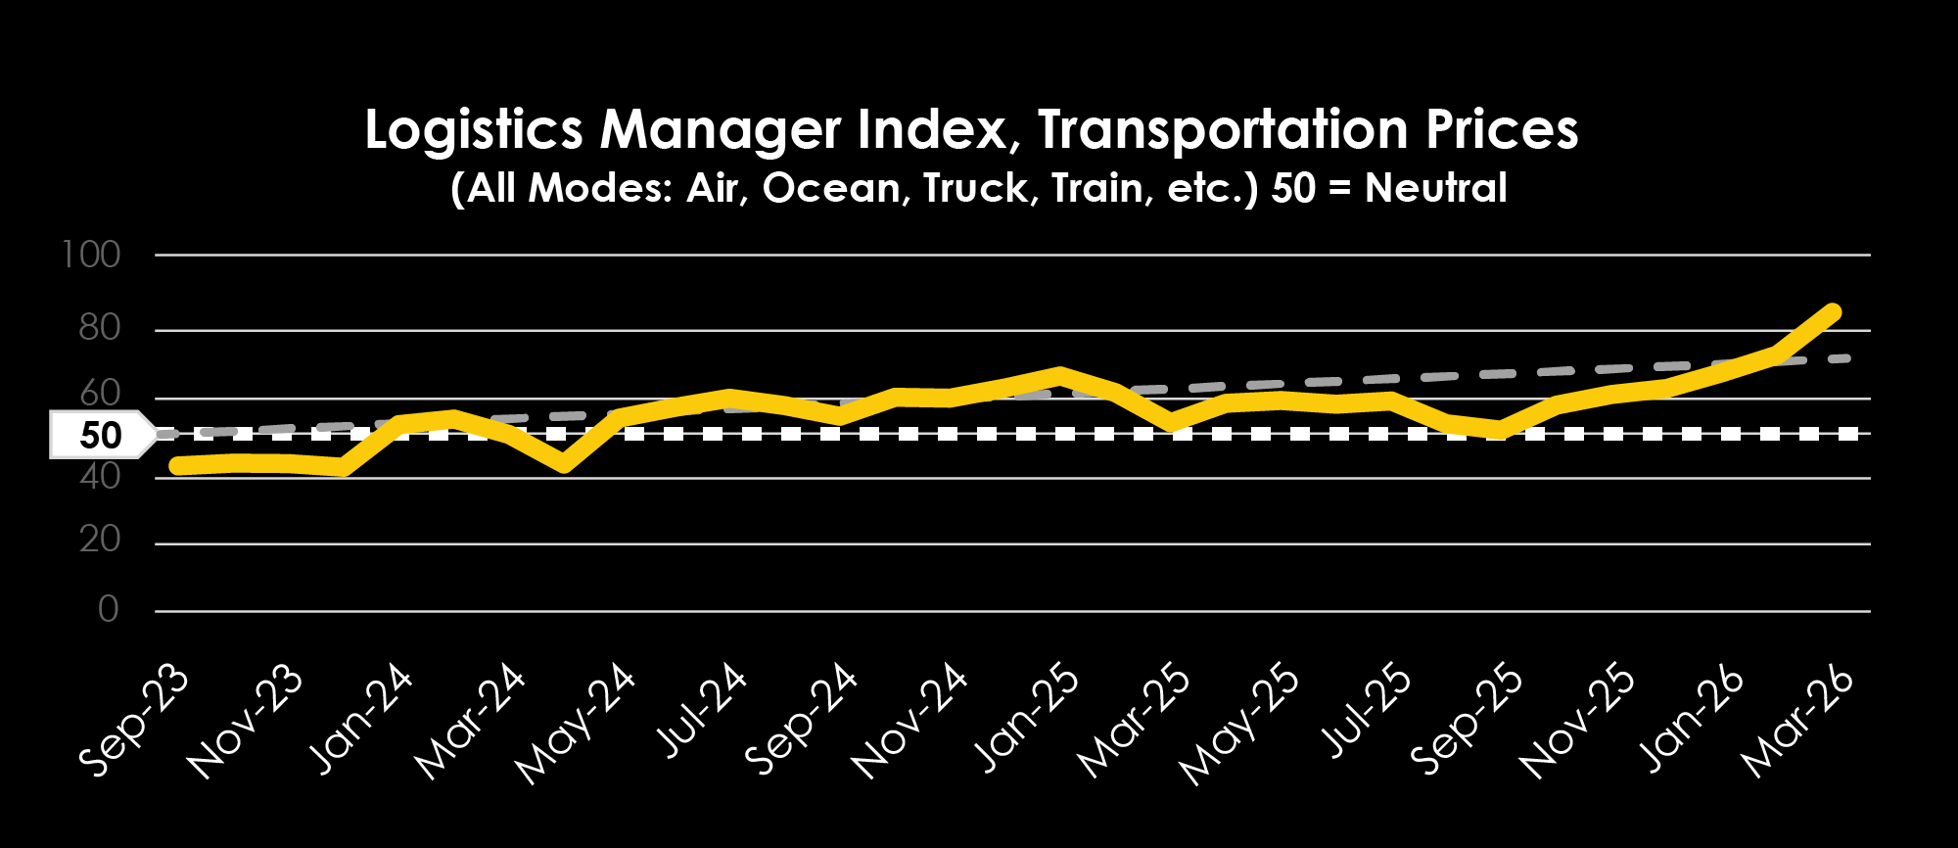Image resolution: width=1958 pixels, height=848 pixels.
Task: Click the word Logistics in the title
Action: pyautogui.click(x=474, y=130)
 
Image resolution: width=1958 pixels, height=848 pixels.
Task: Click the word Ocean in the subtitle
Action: pyautogui.click(x=831, y=188)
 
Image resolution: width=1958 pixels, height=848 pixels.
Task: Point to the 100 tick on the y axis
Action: pyautogui.click(x=91, y=256)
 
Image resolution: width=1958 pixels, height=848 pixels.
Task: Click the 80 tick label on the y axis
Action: pyautogui.click(x=99, y=328)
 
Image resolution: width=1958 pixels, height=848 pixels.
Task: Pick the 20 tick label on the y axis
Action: pyautogui.click(x=99, y=540)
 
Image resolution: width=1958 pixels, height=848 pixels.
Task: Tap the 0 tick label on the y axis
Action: pyautogui.click(x=108, y=609)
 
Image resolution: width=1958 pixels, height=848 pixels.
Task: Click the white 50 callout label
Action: pyautogui.click(x=100, y=435)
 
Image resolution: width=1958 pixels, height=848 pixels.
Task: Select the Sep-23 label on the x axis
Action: pyautogui.click(x=134, y=720)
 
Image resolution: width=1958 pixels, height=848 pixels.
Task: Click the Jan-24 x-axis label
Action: pyautogui.click(x=360, y=720)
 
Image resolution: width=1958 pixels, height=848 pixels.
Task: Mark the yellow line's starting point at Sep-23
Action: pyautogui.click(x=177, y=466)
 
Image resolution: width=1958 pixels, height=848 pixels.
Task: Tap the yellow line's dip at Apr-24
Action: pyautogui.click(x=563, y=463)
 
